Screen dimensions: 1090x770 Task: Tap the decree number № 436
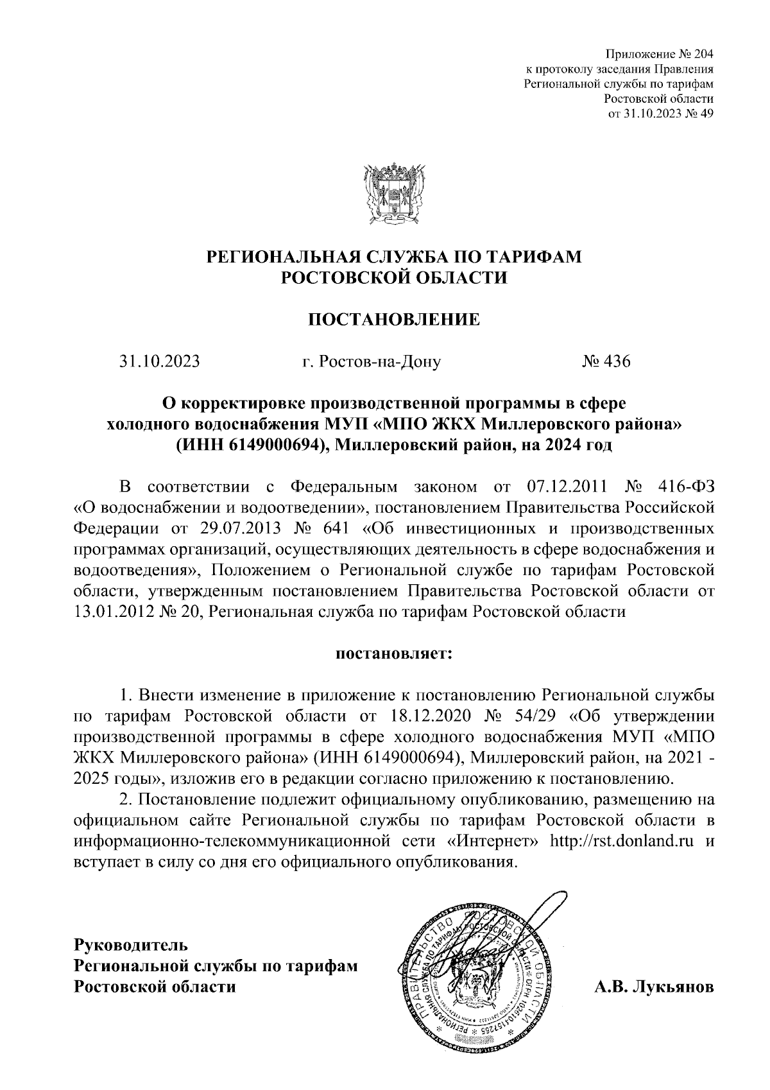tap(606, 362)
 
